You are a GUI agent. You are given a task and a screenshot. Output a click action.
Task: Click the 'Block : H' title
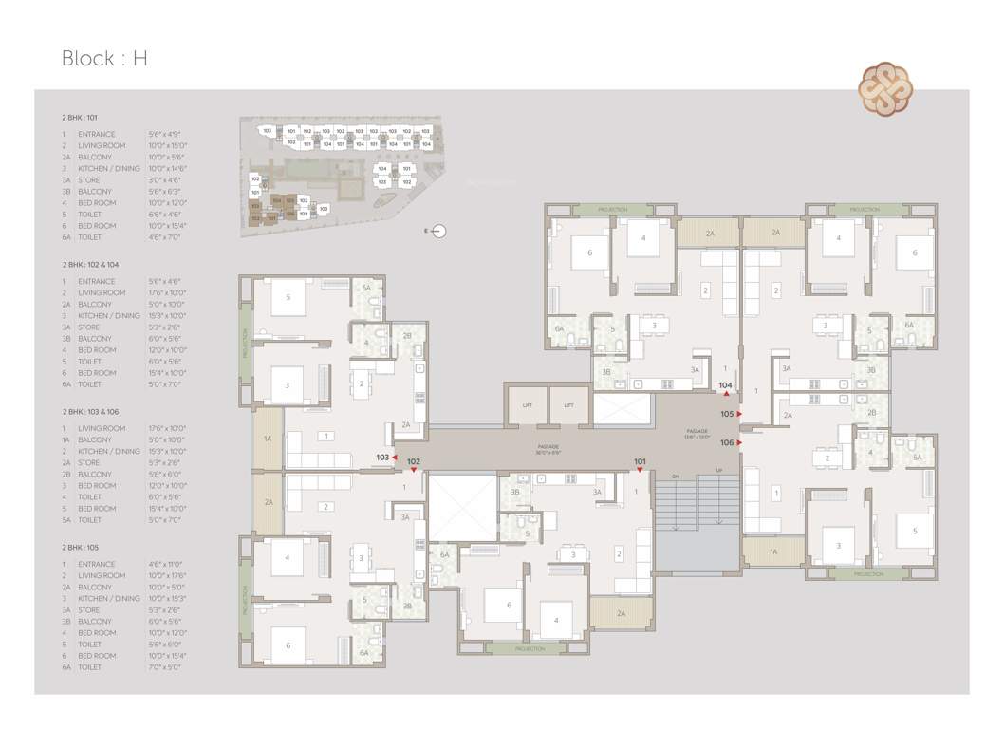tap(104, 58)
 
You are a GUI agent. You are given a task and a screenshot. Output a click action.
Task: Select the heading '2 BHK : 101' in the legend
tap(80, 117)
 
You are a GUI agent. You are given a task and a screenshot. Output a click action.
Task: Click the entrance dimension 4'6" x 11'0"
tap(163, 564)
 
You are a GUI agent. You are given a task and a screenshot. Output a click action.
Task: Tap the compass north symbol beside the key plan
tap(437, 231)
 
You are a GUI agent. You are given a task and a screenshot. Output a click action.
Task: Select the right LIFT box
tap(569, 405)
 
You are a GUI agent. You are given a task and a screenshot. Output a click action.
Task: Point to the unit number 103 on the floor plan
tap(382, 457)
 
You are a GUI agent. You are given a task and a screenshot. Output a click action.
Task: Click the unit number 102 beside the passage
tap(413, 462)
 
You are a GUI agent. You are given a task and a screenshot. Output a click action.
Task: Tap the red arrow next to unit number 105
tap(739, 414)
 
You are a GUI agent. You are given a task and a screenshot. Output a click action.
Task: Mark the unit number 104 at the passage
tap(725, 384)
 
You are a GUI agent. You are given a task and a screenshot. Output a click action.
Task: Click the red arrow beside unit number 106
tap(739, 442)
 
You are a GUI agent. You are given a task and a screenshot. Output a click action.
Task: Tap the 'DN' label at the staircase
tap(676, 476)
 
